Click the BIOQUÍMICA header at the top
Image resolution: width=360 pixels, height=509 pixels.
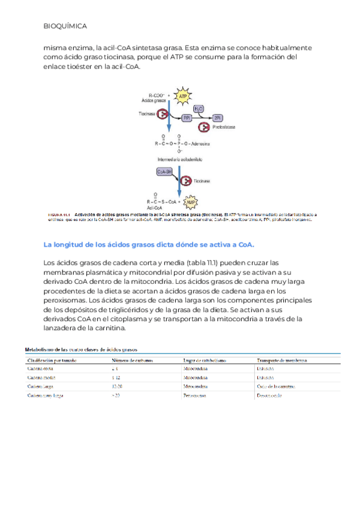pos(65,27)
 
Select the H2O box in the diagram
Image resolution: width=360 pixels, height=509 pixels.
pos(199,109)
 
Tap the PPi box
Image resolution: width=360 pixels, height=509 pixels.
pos(187,118)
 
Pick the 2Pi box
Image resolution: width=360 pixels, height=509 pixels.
pos(218,118)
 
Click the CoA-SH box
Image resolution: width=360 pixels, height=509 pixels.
pos(164,172)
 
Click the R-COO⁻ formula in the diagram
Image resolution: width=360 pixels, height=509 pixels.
pos(158,95)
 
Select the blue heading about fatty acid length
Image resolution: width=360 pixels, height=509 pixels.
pos(149,244)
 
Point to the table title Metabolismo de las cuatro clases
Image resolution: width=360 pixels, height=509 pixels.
pos(80,348)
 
